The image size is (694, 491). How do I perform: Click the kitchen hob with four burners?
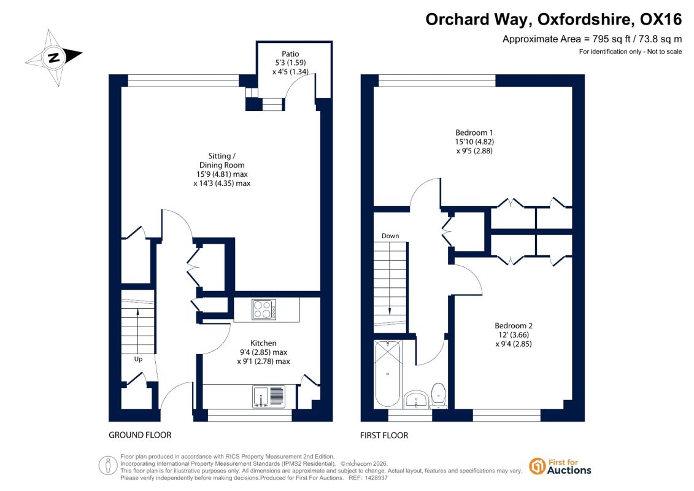[264, 309]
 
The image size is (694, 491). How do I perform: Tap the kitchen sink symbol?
[269, 396]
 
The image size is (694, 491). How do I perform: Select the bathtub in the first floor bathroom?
[388, 374]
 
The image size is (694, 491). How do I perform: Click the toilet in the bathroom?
[439, 395]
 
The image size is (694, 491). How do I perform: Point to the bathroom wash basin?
[416, 400]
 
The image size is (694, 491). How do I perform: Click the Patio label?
[290, 54]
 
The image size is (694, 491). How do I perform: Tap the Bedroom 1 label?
[474, 133]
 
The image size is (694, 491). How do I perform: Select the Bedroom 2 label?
[514, 325]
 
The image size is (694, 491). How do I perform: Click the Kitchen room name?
[263, 343]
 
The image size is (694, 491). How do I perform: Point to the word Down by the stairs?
[390, 236]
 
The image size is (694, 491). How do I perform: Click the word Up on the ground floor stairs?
[138, 359]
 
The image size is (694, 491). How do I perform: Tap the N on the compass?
[54, 58]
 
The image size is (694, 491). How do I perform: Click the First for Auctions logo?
[560, 466]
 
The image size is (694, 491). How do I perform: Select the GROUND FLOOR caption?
[140, 435]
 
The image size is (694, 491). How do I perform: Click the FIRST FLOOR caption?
[384, 436]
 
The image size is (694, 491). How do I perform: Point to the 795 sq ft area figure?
[611, 39]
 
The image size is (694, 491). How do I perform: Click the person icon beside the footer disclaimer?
[107, 466]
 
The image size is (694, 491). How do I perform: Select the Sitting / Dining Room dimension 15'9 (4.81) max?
[222, 174]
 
